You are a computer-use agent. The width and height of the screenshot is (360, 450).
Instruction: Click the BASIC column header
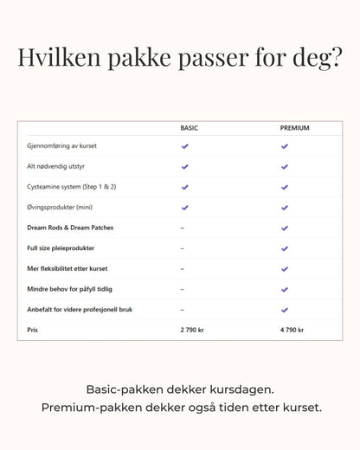[189, 128]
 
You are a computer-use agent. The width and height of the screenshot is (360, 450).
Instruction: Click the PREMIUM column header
[294, 128]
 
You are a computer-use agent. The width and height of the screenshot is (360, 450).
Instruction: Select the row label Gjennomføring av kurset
[61, 146]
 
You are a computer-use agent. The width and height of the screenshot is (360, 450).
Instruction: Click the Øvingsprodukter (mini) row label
[60, 207]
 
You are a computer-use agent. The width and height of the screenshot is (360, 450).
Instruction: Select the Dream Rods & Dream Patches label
[70, 228]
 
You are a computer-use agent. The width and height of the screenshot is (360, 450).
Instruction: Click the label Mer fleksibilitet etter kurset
[67, 268]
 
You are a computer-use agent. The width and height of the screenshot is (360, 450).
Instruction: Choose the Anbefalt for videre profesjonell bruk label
[80, 309]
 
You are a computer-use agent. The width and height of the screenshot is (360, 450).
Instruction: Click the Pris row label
[33, 330]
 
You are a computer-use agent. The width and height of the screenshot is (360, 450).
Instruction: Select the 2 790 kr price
[194, 330]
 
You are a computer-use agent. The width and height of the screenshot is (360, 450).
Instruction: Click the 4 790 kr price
[294, 330]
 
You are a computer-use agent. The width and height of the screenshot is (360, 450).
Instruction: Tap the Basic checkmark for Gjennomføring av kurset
[184, 146]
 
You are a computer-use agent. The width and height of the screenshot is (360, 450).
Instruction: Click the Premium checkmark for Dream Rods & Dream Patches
[284, 228]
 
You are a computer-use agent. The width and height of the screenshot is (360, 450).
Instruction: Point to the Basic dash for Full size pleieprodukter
[182, 248]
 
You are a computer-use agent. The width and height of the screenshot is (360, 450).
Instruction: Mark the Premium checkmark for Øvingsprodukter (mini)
[284, 207]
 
